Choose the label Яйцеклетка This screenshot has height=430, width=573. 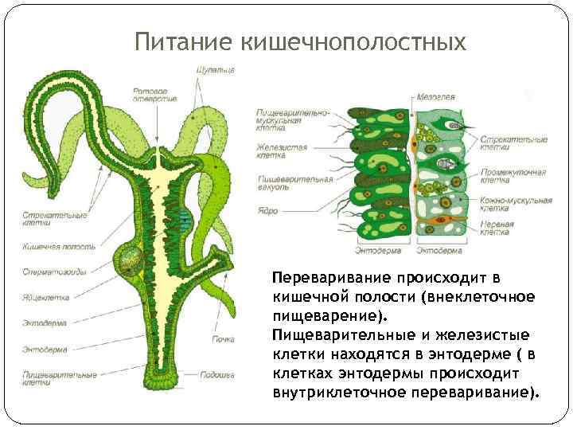pos(46,297)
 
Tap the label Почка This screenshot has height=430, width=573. pos(223,339)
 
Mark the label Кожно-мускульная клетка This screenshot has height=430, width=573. pos(513,205)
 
